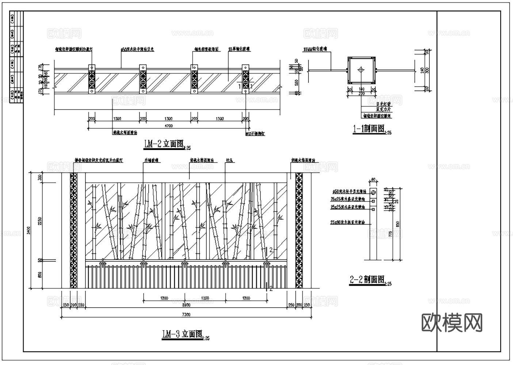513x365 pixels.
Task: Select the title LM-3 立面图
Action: coord(182,334)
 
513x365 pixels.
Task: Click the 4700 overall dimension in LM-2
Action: coord(168,126)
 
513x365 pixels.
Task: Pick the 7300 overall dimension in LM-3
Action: coord(186,314)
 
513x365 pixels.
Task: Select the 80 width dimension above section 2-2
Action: coord(373,179)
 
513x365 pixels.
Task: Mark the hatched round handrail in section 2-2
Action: coord(373,192)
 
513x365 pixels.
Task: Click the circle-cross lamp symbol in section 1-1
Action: coord(361,69)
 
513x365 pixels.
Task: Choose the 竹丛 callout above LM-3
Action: coord(229,160)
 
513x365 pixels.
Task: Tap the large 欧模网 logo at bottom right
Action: coord(452,323)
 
